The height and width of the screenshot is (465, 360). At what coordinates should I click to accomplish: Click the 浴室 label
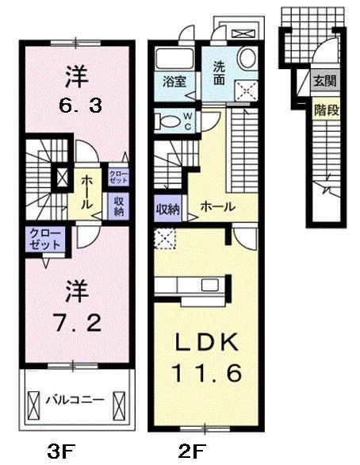tap(175, 82)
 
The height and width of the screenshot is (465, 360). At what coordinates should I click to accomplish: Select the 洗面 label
tap(219, 75)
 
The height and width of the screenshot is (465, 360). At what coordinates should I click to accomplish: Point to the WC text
tap(188, 121)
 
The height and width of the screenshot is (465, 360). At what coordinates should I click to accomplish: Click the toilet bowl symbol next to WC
tap(169, 121)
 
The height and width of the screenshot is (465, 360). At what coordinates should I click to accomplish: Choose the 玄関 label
tap(325, 80)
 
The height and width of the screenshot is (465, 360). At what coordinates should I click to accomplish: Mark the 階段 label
tap(325, 109)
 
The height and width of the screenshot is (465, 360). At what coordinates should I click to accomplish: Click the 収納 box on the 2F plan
tap(168, 209)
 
